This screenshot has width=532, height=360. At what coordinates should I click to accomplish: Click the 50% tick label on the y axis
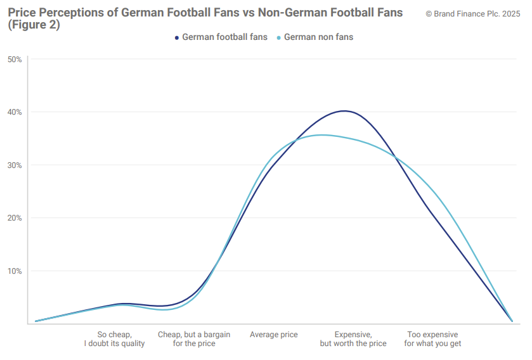click(15, 60)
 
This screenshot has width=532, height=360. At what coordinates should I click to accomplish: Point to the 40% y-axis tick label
click(15, 112)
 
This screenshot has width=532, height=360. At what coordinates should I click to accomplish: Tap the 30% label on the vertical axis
click(15, 165)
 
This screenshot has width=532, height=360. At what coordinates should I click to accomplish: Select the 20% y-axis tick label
click(15, 218)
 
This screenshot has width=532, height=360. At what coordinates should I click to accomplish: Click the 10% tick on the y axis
click(15, 271)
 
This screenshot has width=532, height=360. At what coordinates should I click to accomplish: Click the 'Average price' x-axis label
click(273, 335)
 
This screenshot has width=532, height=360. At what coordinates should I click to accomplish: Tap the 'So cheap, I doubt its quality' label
click(115, 339)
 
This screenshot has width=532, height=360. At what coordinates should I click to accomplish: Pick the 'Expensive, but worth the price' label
click(353, 339)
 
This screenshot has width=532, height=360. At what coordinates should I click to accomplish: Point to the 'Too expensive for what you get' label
click(432, 339)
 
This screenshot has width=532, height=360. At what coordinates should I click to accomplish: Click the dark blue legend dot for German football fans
click(178, 37)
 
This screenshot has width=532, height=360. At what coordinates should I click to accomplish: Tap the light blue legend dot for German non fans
click(279, 37)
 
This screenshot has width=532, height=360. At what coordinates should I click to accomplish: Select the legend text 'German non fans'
click(318, 37)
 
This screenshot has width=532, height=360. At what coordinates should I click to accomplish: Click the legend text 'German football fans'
click(224, 37)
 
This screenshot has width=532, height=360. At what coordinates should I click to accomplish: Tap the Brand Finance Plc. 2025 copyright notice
click(472, 13)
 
